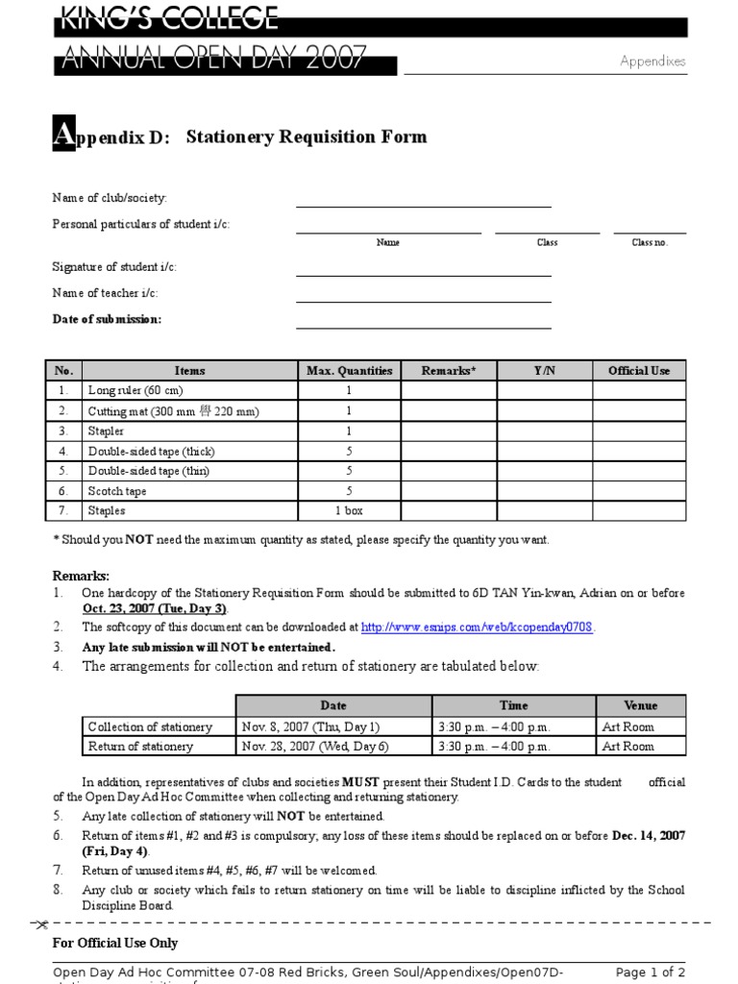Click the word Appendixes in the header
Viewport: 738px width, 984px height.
(652, 61)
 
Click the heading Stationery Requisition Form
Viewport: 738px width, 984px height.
(306, 136)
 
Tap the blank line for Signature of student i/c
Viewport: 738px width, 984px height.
(423, 273)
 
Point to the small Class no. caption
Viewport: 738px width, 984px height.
(649, 242)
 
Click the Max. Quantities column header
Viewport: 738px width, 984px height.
(349, 371)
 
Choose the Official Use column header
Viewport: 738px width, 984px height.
(639, 371)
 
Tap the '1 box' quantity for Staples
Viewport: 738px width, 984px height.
(349, 511)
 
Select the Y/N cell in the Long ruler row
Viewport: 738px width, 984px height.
(545, 391)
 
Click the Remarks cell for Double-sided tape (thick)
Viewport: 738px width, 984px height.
(449, 451)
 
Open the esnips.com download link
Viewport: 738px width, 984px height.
(478, 627)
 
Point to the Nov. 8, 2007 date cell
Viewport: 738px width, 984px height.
(311, 727)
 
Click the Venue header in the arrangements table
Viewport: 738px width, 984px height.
(640, 705)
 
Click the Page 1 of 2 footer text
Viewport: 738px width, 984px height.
(650, 972)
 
